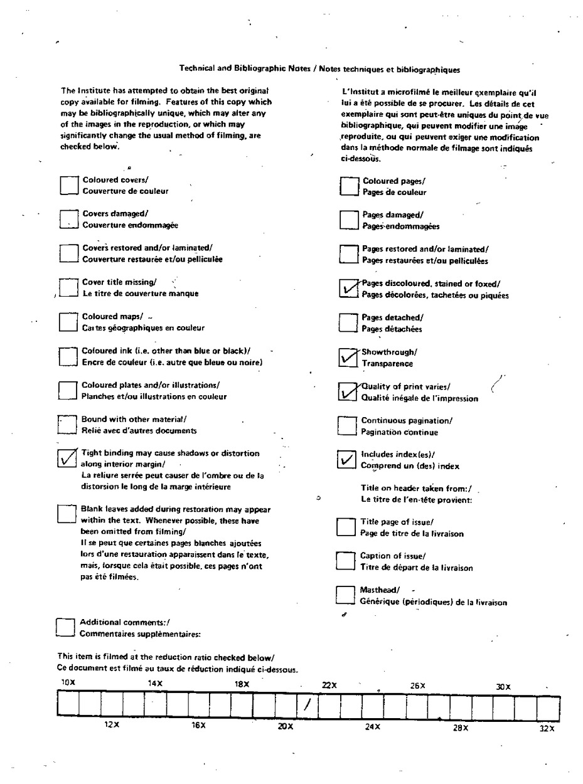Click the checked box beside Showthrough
point(347,358)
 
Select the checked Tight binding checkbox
point(66,458)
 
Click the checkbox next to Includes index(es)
point(346,460)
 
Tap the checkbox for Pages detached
point(347,323)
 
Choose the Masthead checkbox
point(345,595)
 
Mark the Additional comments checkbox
point(65,628)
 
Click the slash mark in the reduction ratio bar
point(307,704)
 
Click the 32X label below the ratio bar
point(547,728)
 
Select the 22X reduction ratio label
point(329,686)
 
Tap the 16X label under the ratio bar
point(198,726)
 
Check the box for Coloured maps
point(68,322)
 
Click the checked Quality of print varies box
point(347,392)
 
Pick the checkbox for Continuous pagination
point(346,426)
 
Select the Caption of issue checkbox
point(345,561)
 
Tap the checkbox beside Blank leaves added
point(66,514)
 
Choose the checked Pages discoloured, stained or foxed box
point(348,289)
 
